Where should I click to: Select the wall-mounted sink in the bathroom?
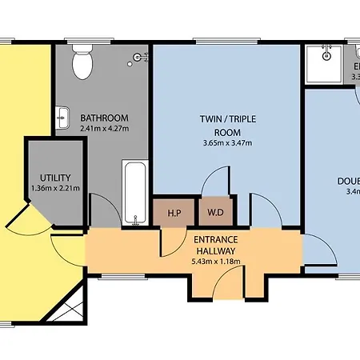click(x=63, y=117)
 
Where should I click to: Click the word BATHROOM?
click(x=103, y=118)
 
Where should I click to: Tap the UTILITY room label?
click(x=55, y=178)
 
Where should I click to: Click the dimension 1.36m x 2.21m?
click(x=55, y=189)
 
